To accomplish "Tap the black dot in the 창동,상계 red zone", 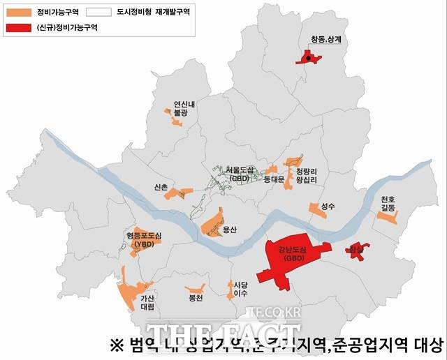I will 308,59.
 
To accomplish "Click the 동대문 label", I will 274,179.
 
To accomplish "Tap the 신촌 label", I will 161,187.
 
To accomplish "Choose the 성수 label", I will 329,207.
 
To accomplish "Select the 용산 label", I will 230,230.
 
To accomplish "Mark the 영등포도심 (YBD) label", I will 144,240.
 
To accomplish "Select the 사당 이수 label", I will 241,289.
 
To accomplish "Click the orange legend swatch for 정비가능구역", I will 19,13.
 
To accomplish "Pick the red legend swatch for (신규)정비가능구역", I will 19,27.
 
